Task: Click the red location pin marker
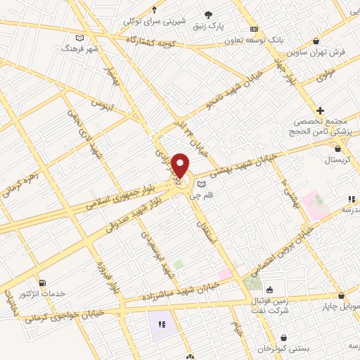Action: pyautogui.click(x=181, y=165)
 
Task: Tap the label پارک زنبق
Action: pyautogui.click(x=209, y=26)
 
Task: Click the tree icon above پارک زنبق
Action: pyautogui.click(x=209, y=14)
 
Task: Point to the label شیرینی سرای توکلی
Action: pyautogui.click(x=154, y=21)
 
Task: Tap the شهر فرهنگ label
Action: pyautogui.click(x=77, y=49)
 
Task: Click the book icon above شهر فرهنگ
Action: pyautogui.click(x=79, y=37)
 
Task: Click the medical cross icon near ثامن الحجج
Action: pyautogui.click(x=320, y=110)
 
